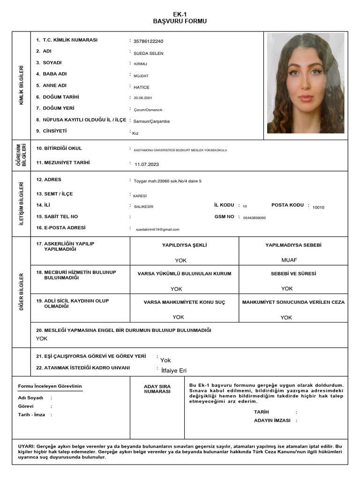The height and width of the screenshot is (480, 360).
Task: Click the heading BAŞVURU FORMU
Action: [x=180, y=21]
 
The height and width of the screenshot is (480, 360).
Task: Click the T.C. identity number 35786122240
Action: [x=148, y=42]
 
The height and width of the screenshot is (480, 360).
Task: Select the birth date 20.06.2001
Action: [x=143, y=98]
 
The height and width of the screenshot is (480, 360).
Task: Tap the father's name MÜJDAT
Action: [x=141, y=75]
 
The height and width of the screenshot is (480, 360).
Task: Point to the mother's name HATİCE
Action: [x=141, y=87]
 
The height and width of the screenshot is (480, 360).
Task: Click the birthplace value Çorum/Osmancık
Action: [x=148, y=110]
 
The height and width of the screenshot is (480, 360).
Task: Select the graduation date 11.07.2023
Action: [x=147, y=165]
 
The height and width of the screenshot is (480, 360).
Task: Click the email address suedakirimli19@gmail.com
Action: [x=157, y=230]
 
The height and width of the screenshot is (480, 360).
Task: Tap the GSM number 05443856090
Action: [x=255, y=218]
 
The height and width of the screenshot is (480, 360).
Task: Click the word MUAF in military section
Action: [x=289, y=260]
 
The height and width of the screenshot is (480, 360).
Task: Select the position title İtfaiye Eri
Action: [x=173, y=371]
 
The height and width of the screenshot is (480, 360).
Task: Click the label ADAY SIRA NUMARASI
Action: [x=157, y=389]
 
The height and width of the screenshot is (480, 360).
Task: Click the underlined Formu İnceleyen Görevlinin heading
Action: [x=50, y=386]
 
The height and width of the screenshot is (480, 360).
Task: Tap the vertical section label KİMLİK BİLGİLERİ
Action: [x=22, y=85]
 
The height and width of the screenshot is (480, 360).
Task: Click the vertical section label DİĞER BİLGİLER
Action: [x=22, y=292]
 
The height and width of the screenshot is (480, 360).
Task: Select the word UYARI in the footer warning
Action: [x=25, y=446]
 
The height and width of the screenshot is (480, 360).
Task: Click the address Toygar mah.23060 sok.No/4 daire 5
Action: [x=167, y=181]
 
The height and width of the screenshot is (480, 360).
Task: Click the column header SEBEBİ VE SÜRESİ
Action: [x=293, y=274]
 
